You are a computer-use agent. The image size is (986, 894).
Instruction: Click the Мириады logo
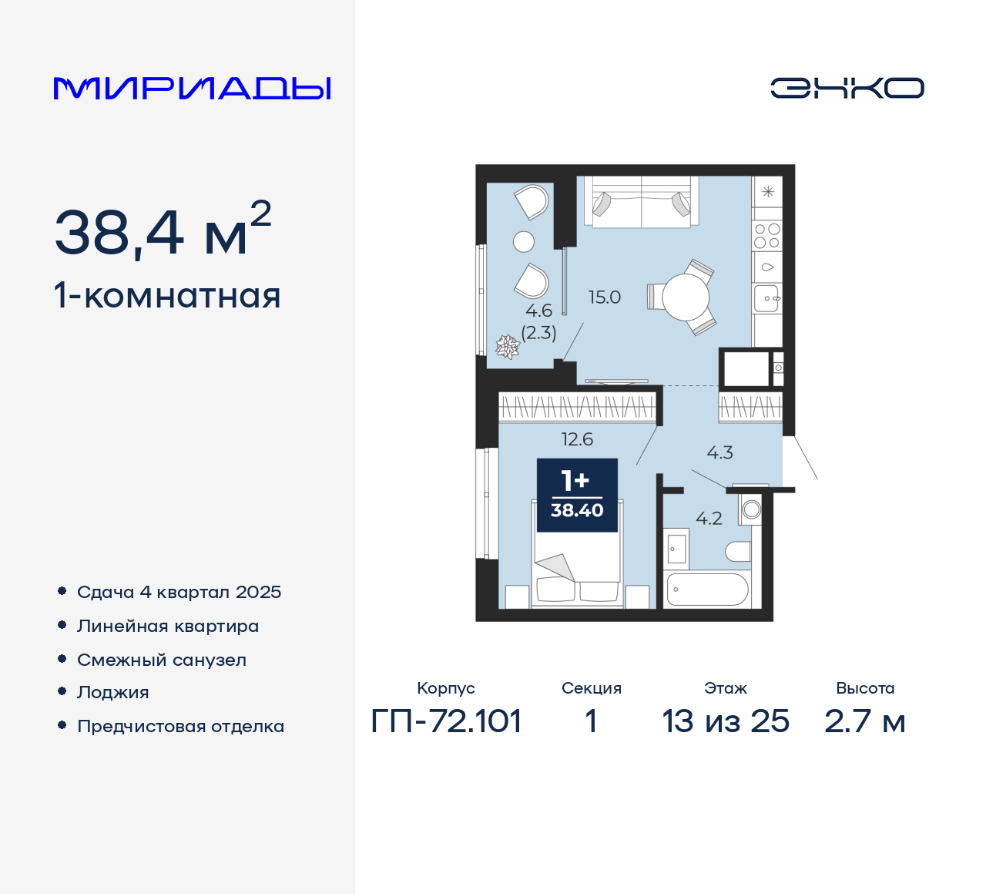tap(193, 89)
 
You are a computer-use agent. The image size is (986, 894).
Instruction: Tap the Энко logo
tap(847, 88)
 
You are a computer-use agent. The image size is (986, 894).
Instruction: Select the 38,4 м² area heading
tap(163, 230)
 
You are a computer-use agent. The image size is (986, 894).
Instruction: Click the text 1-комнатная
tap(167, 296)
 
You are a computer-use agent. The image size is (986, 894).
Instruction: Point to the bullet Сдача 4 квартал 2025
tap(179, 592)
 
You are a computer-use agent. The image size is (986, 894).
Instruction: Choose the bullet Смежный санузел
tap(162, 660)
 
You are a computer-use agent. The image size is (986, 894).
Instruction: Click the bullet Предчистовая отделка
tap(180, 726)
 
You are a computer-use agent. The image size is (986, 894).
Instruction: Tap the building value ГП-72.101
tap(446, 721)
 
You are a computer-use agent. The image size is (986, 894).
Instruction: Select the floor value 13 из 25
tap(725, 721)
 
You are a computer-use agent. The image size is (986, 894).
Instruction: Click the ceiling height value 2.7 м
tap(864, 721)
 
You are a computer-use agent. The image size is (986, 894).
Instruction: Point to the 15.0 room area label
tap(605, 297)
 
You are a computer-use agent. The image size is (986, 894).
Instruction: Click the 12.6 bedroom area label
tap(577, 439)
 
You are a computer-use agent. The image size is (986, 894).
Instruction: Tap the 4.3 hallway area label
tap(719, 452)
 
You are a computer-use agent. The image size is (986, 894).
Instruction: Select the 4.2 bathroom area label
tap(709, 519)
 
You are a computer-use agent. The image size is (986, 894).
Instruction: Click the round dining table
tap(685, 297)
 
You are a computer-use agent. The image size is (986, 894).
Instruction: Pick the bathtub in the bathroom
tap(707, 589)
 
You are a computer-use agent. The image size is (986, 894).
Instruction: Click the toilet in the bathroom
tap(738, 551)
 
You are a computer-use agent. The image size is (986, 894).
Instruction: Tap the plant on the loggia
tap(508, 346)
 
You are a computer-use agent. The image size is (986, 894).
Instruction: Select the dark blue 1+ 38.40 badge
tap(577, 495)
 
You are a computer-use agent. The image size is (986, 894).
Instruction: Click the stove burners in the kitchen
tap(767, 236)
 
